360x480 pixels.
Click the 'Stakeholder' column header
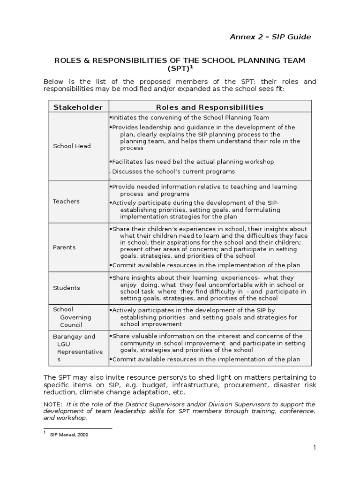78,107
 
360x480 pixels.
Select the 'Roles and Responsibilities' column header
210,107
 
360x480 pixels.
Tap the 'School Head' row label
72,146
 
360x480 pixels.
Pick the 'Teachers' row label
66,201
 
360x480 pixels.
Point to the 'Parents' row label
64,247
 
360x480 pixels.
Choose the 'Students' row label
66,288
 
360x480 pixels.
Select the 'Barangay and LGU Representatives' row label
75,348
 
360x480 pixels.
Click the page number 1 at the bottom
315,448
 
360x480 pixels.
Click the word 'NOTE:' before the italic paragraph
53,404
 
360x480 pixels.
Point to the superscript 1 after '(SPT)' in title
191,67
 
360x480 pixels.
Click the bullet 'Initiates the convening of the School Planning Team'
189,118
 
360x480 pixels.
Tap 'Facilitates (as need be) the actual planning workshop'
192,161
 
